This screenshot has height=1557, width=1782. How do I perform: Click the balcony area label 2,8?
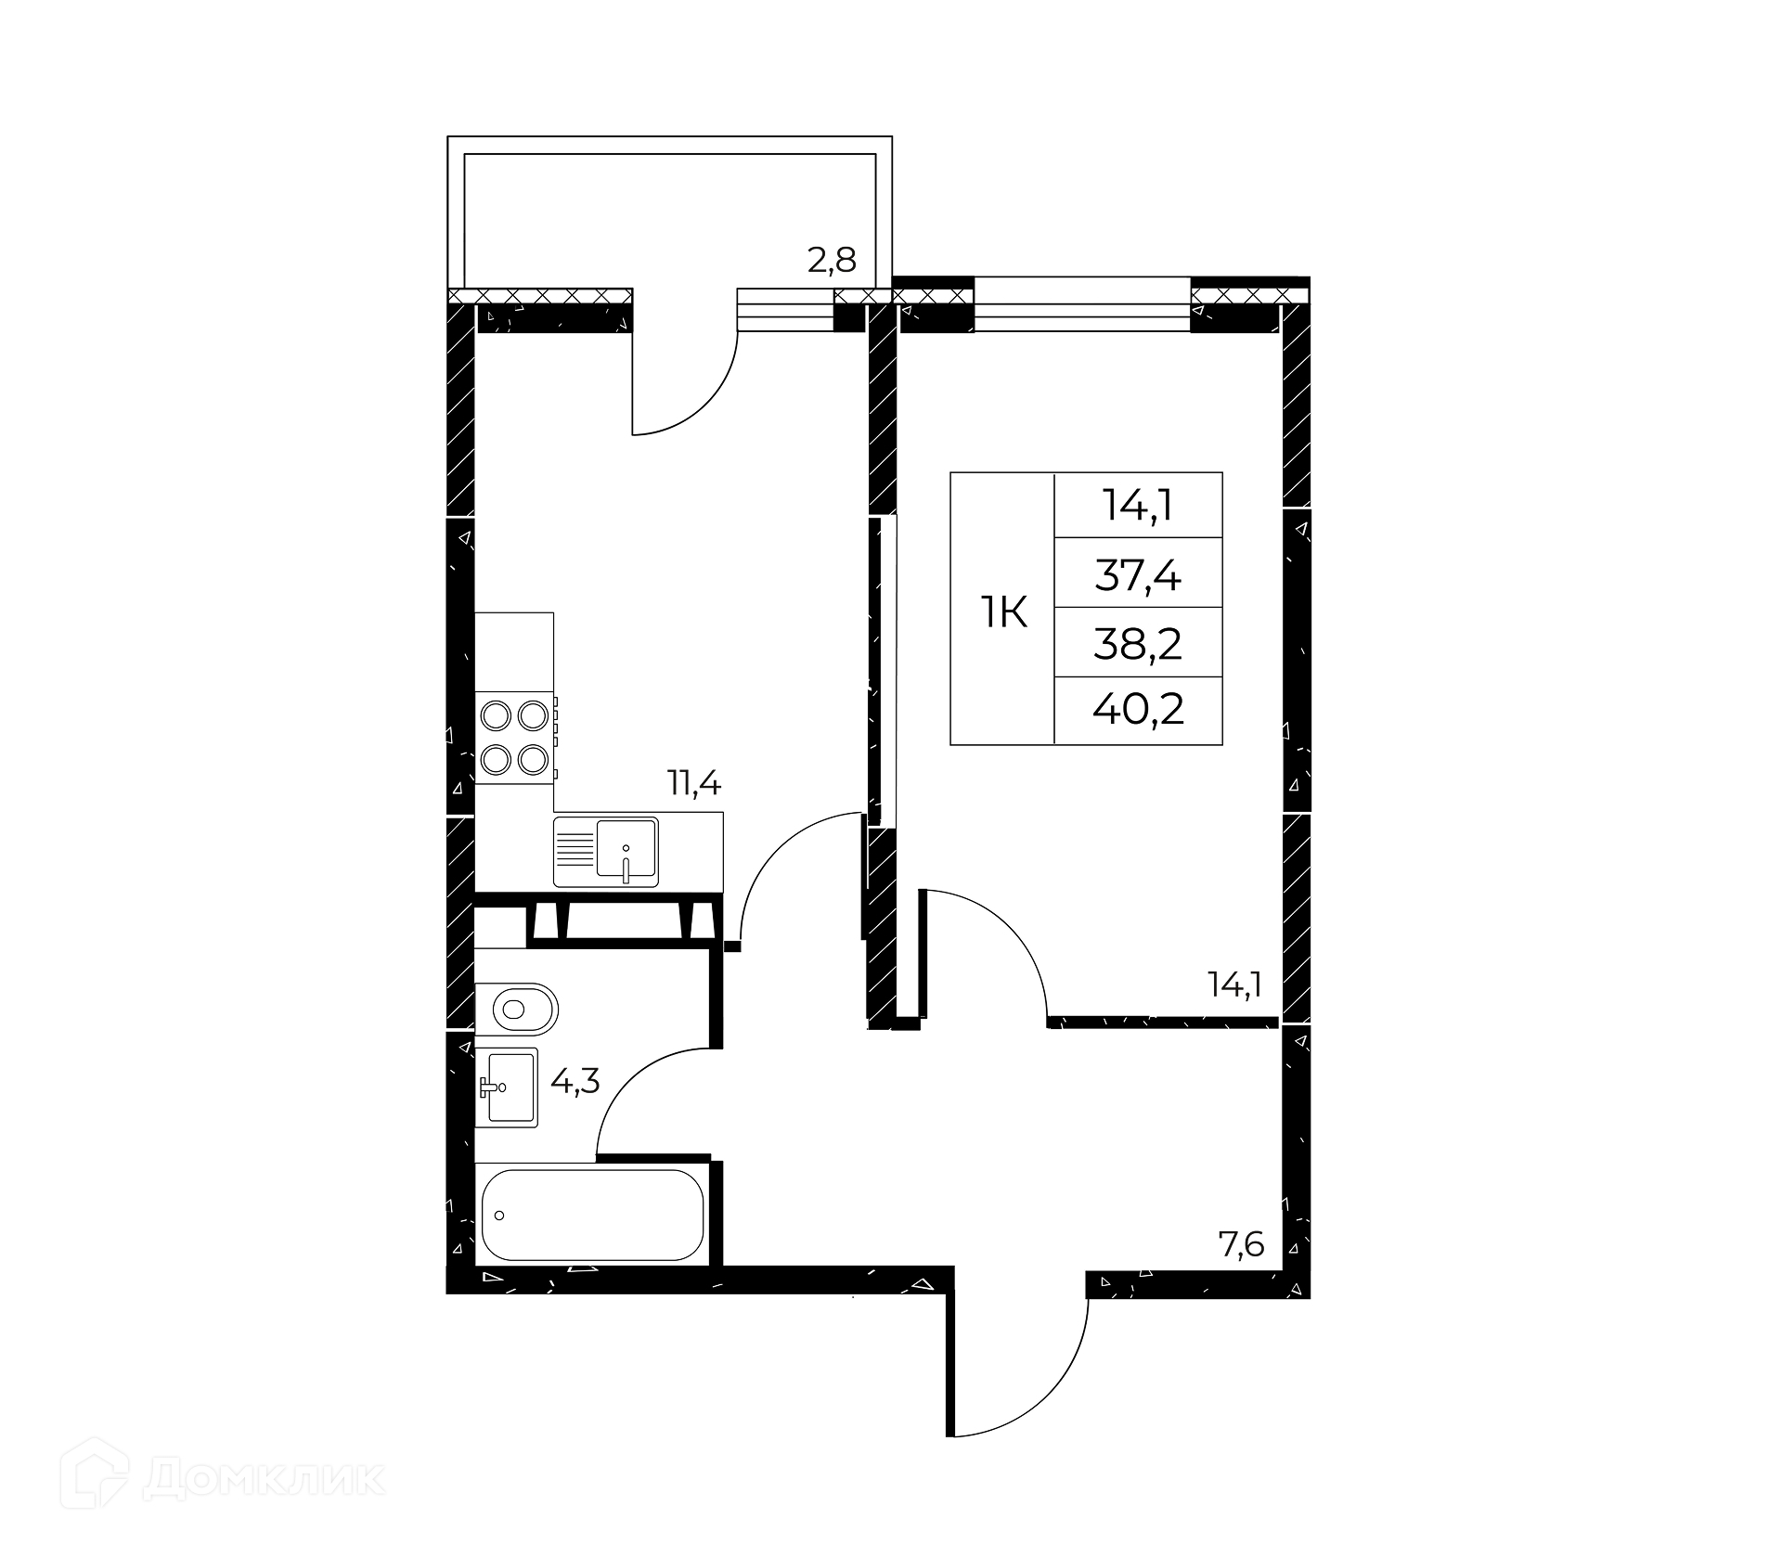coord(831,261)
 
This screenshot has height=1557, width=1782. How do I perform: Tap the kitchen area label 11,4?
coord(694,784)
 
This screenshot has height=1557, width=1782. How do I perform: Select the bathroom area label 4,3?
coord(575,1080)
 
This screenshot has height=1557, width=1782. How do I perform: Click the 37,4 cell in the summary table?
coord(1138,576)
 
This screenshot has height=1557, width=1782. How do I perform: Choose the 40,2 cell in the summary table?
coord(1138,712)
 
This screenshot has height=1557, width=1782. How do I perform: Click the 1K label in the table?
coord(1003,612)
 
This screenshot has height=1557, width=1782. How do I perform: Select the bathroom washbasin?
coord(507,1087)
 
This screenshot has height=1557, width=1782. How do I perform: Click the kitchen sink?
coord(606,852)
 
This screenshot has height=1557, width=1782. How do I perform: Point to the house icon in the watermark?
coord(95,1477)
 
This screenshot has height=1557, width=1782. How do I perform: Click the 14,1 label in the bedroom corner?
coord(1233,984)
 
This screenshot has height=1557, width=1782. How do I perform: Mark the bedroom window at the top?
coord(1082,304)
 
